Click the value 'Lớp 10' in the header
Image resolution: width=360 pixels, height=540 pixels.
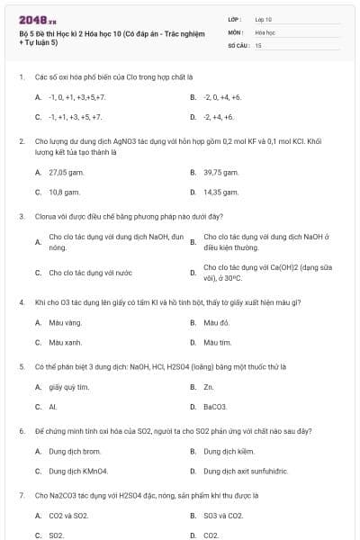click(263, 19)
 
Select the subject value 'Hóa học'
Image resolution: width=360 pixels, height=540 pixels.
click(265, 31)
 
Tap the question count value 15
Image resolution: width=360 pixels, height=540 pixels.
click(258, 44)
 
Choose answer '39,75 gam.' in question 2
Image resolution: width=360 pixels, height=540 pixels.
click(220, 172)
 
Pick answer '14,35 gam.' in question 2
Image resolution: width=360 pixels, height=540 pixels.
click(220, 192)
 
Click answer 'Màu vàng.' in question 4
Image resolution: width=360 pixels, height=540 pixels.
click(65, 322)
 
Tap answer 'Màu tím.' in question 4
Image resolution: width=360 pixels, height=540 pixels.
click(217, 342)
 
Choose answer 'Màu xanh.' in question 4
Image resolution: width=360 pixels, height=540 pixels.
click(65, 342)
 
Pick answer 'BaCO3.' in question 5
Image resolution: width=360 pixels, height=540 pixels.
click(214, 407)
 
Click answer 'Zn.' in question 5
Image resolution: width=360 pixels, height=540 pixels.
click(208, 387)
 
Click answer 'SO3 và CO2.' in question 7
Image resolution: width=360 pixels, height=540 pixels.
click(223, 516)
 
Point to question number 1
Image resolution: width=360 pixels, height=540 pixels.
click(21, 77)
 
